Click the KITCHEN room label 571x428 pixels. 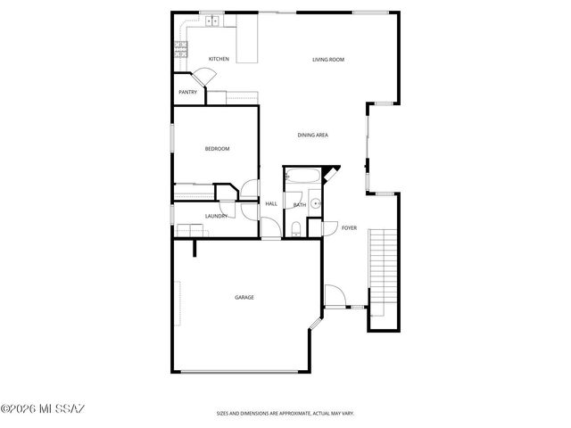click(x=219, y=59)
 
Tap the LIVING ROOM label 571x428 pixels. click(x=327, y=60)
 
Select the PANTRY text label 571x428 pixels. click(x=187, y=92)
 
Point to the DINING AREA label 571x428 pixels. click(x=313, y=135)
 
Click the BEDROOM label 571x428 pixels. click(x=217, y=149)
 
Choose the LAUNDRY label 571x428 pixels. click(x=217, y=216)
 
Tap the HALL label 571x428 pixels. click(x=271, y=204)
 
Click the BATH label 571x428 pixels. click(x=300, y=205)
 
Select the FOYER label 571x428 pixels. click(x=349, y=228)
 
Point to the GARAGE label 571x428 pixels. click(x=244, y=297)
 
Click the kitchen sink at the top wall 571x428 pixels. click(x=211, y=21)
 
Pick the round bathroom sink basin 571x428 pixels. click(x=315, y=203)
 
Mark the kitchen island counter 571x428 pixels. click(x=246, y=40)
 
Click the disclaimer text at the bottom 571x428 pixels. click(x=285, y=413)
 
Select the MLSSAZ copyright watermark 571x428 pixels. click(x=42, y=409)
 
